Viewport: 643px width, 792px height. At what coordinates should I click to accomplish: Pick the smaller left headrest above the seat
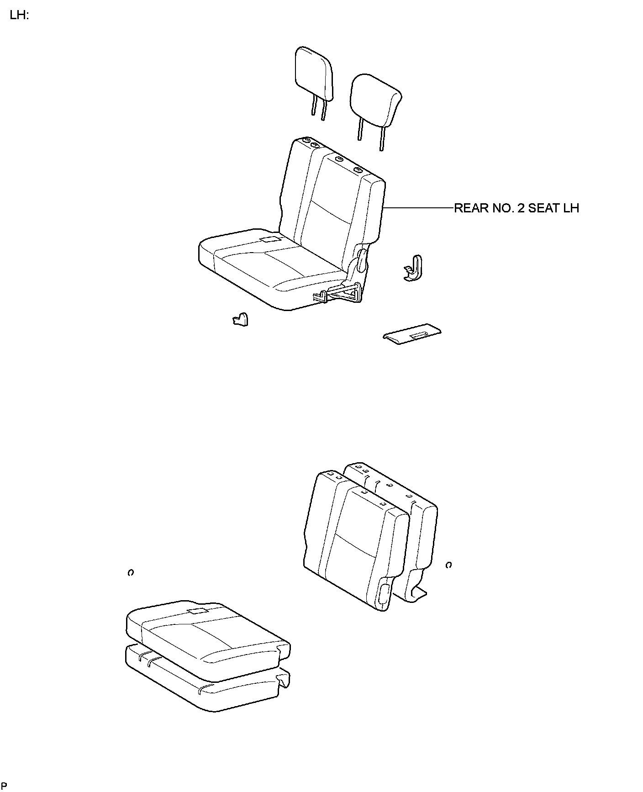point(314,75)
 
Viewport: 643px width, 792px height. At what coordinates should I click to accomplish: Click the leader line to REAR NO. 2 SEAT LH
point(418,208)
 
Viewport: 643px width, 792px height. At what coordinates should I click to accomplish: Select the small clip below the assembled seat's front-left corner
point(241,319)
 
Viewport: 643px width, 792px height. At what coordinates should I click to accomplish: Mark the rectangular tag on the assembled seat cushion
point(270,239)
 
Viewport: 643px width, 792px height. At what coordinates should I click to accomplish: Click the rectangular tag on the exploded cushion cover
point(198,611)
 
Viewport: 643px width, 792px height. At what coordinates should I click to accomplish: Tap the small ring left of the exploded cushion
point(131,572)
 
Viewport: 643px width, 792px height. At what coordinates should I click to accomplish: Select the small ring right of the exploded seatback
point(448,565)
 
